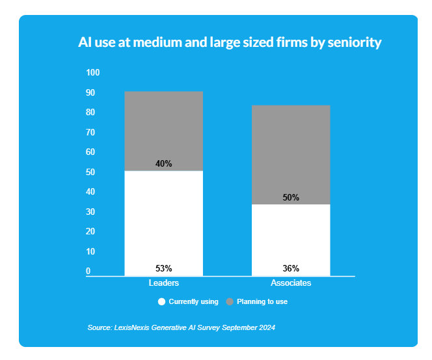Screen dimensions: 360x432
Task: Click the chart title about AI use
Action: [x=229, y=44]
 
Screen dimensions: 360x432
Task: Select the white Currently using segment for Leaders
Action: [x=163, y=221]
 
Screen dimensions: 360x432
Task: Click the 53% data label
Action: [x=163, y=268]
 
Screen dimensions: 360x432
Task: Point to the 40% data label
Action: [x=163, y=164]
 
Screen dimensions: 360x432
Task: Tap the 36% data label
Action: [x=291, y=268]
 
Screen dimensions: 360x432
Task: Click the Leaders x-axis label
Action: [x=163, y=283]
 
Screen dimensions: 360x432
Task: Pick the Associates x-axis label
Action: [x=291, y=283]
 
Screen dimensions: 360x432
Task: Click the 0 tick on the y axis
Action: [x=88, y=271]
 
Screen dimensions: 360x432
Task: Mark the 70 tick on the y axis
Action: [x=90, y=132]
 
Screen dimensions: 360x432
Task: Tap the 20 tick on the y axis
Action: [x=90, y=232]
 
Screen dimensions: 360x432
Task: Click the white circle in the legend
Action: [x=161, y=302]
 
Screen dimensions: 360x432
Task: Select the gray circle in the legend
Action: [x=230, y=302]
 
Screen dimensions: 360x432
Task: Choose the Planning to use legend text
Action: [x=262, y=302]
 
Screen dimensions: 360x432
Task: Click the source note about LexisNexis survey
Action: [x=181, y=327]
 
